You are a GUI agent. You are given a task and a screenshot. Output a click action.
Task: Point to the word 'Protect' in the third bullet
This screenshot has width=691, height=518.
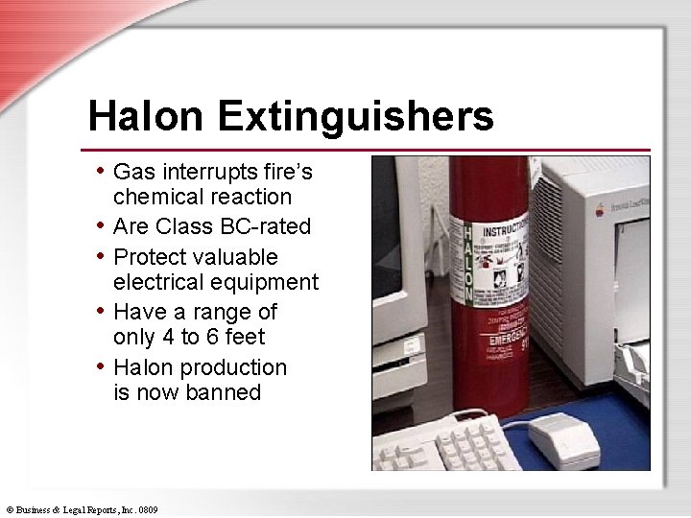pyautogui.click(x=155, y=257)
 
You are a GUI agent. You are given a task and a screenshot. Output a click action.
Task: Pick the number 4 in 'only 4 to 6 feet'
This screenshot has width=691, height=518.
pyautogui.click(x=171, y=337)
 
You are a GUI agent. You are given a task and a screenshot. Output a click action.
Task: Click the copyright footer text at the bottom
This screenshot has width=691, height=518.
pyautogui.click(x=81, y=508)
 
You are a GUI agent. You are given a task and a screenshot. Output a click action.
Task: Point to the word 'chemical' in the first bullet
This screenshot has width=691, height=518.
pyautogui.click(x=155, y=197)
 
